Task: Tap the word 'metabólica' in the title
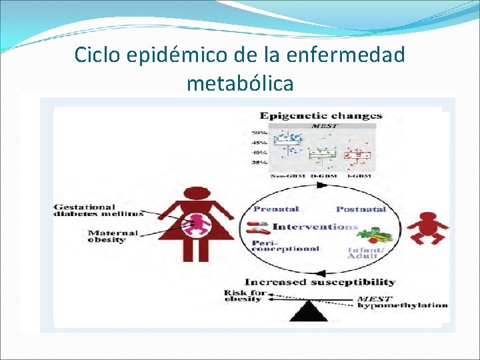pos(239,83)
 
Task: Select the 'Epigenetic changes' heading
pos(321,115)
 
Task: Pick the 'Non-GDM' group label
pos(287,176)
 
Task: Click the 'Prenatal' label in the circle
pos(275,209)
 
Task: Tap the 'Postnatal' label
pos(361,209)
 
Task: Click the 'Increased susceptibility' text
pos(320,282)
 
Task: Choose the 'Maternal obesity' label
pos(113,236)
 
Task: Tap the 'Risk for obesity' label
pos(245,296)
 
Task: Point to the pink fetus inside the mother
pos(199,225)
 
